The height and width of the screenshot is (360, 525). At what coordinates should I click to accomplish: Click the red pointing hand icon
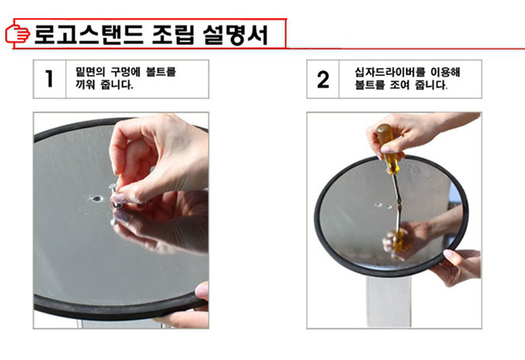click(17, 34)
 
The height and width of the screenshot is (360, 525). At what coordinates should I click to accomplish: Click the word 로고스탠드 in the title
click(88, 34)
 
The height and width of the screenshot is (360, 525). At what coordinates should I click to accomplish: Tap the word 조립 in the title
click(172, 34)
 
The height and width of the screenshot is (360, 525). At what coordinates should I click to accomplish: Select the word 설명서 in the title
click(235, 34)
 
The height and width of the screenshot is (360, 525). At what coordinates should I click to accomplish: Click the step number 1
click(49, 79)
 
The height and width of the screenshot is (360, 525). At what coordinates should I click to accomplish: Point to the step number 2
click(322, 79)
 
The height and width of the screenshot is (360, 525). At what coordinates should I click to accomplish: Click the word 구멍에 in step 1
click(126, 72)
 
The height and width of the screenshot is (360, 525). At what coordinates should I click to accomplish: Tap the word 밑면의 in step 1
click(91, 72)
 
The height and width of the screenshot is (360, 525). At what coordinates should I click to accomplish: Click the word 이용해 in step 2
click(445, 72)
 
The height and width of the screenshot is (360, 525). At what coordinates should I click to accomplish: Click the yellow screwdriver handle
click(388, 148)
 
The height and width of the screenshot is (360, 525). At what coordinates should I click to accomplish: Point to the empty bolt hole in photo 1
click(97, 199)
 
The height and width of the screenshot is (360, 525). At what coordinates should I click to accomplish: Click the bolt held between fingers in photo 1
click(115, 194)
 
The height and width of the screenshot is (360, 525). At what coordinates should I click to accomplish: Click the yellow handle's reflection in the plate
click(397, 241)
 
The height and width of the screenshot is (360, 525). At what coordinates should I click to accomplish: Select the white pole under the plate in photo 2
click(388, 301)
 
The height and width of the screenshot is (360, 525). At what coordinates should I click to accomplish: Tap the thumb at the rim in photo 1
click(202, 291)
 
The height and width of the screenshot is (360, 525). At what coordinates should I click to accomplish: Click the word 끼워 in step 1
click(85, 85)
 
